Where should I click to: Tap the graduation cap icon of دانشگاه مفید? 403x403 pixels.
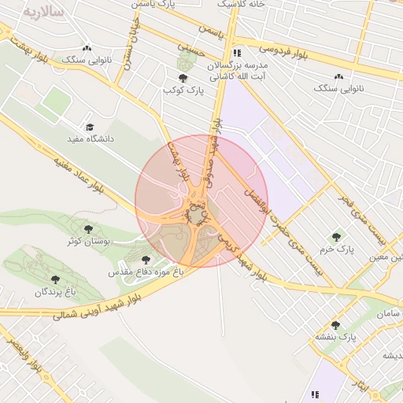(90, 127)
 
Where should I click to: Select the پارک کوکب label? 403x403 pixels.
(183, 91)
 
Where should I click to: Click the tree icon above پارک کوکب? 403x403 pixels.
(183, 78)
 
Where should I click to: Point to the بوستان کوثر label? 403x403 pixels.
(87, 241)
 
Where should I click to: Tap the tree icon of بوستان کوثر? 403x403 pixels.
(87, 229)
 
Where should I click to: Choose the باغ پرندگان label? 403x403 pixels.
(54, 291)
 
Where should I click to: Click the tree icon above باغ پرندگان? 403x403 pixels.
(54, 279)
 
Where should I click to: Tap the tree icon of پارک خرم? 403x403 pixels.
(336, 236)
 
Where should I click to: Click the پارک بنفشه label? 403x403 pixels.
(336, 337)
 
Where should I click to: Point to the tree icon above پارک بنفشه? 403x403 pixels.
(336, 324)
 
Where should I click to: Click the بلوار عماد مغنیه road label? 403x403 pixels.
(79, 178)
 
